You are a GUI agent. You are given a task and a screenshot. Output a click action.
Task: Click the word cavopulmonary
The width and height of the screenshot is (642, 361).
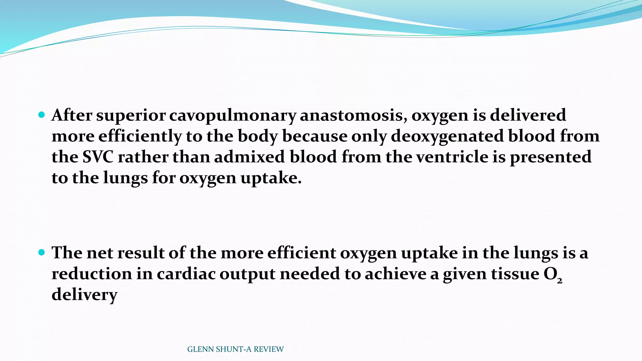coord(233,115)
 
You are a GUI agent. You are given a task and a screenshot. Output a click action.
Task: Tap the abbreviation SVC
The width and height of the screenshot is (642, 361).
coord(98,157)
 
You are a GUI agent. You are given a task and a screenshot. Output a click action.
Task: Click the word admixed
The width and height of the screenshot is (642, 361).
coord(250,157)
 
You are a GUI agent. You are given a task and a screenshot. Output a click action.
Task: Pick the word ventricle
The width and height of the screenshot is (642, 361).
coord(451,157)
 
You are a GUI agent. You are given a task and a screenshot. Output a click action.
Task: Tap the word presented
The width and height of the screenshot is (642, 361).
coord(550,157)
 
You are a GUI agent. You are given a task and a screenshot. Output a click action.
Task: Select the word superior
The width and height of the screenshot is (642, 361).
coord(131,115)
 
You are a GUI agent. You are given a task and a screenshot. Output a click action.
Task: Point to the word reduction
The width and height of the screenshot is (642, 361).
coord(92,274)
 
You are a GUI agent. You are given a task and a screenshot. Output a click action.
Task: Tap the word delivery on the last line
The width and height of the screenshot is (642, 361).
coord(84,295)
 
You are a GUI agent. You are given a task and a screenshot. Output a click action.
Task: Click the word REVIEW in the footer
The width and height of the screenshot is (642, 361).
coord(269,349)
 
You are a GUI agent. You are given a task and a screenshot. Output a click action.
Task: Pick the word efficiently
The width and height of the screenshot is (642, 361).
coord(140,136)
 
